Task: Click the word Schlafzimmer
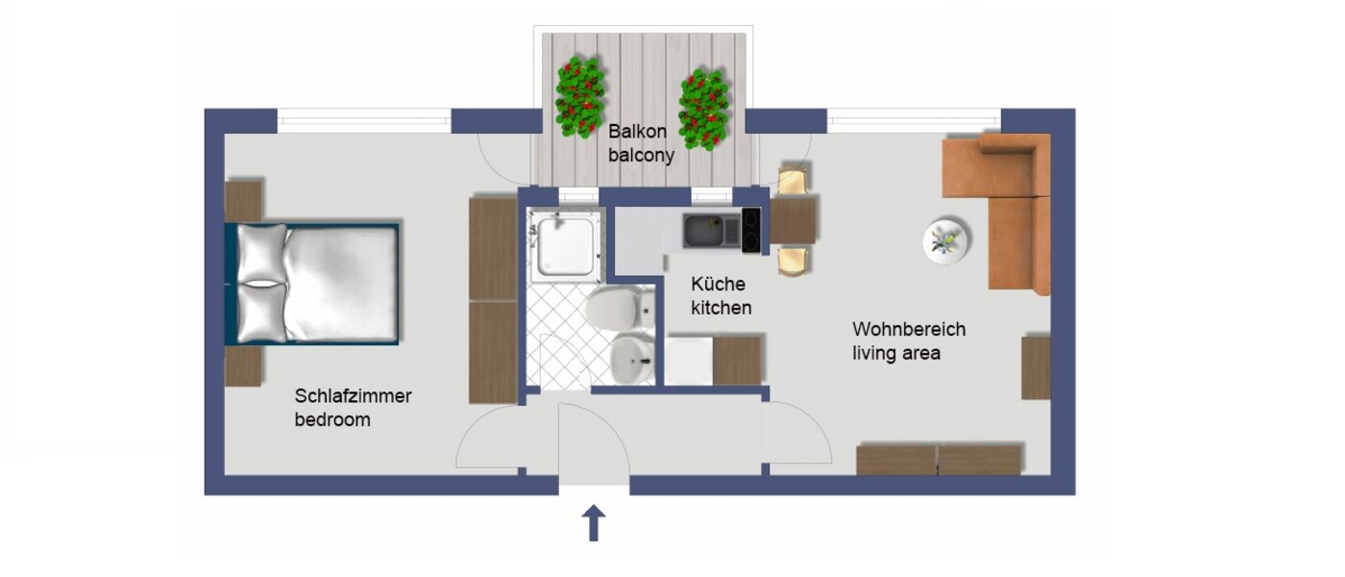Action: (353, 396)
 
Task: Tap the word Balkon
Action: (632, 130)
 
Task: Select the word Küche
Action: (718, 285)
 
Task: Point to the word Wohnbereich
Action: (909, 329)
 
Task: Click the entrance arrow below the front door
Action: (595, 524)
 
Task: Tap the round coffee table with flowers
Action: (946, 240)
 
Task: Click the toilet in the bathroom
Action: (612, 309)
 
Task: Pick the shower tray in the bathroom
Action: (566, 244)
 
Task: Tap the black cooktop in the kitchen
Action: (750, 231)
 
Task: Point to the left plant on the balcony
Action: (579, 96)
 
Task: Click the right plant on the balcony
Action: (703, 108)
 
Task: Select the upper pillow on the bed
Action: (261, 253)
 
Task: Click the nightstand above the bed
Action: (243, 200)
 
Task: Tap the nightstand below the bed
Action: (243, 365)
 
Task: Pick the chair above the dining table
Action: (794, 180)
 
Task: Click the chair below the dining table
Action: (793, 260)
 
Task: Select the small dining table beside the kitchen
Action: (794, 219)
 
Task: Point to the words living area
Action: (896, 354)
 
